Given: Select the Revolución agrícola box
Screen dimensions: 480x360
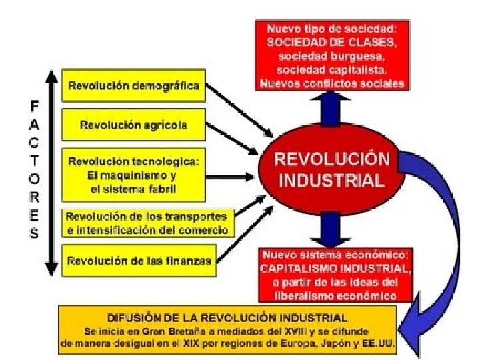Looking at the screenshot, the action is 133,125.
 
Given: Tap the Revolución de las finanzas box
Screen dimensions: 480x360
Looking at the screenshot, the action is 139,261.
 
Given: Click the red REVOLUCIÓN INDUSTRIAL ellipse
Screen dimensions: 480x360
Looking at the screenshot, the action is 331,170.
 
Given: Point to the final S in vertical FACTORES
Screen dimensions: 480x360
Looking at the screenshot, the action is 34,234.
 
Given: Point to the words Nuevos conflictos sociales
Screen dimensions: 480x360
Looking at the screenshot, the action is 331,83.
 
